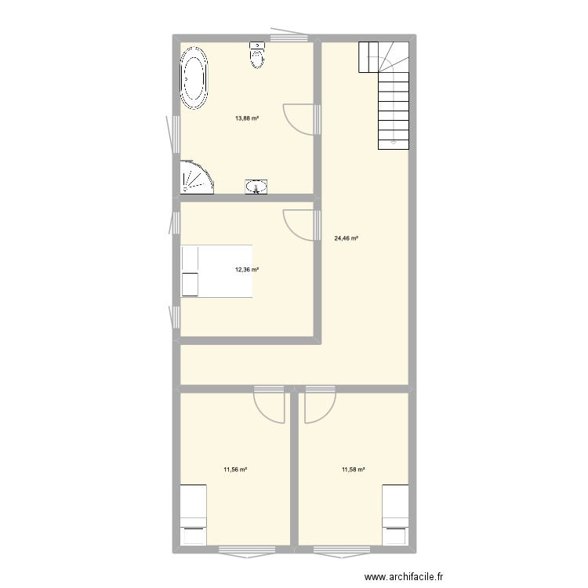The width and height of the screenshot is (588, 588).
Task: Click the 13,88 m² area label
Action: (x=247, y=118)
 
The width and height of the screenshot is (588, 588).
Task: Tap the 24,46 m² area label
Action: (x=346, y=238)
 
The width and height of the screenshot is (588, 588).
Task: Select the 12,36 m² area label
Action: (x=247, y=270)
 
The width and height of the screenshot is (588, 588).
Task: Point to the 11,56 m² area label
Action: (x=235, y=470)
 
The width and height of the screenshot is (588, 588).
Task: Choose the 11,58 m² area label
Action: (x=354, y=470)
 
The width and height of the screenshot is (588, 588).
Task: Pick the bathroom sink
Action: (x=256, y=186)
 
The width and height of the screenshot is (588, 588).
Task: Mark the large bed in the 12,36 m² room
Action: (x=217, y=271)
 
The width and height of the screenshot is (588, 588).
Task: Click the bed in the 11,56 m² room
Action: (x=193, y=514)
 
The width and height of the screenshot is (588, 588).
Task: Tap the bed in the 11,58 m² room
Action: (x=395, y=514)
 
